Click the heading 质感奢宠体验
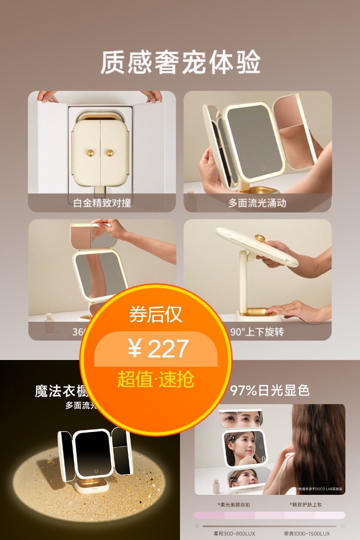click(180, 63)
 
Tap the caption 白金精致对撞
click(102, 203)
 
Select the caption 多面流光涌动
click(257, 203)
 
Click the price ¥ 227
click(158, 349)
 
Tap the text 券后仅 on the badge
click(155, 314)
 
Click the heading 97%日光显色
click(270, 390)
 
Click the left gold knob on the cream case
click(91, 153)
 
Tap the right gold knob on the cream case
click(110, 153)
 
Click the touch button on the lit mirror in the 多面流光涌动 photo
click(263, 168)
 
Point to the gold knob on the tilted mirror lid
click(260, 238)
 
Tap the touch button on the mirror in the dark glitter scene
click(96, 471)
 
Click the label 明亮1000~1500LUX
click(306, 534)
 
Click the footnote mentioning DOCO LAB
click(319, 489)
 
